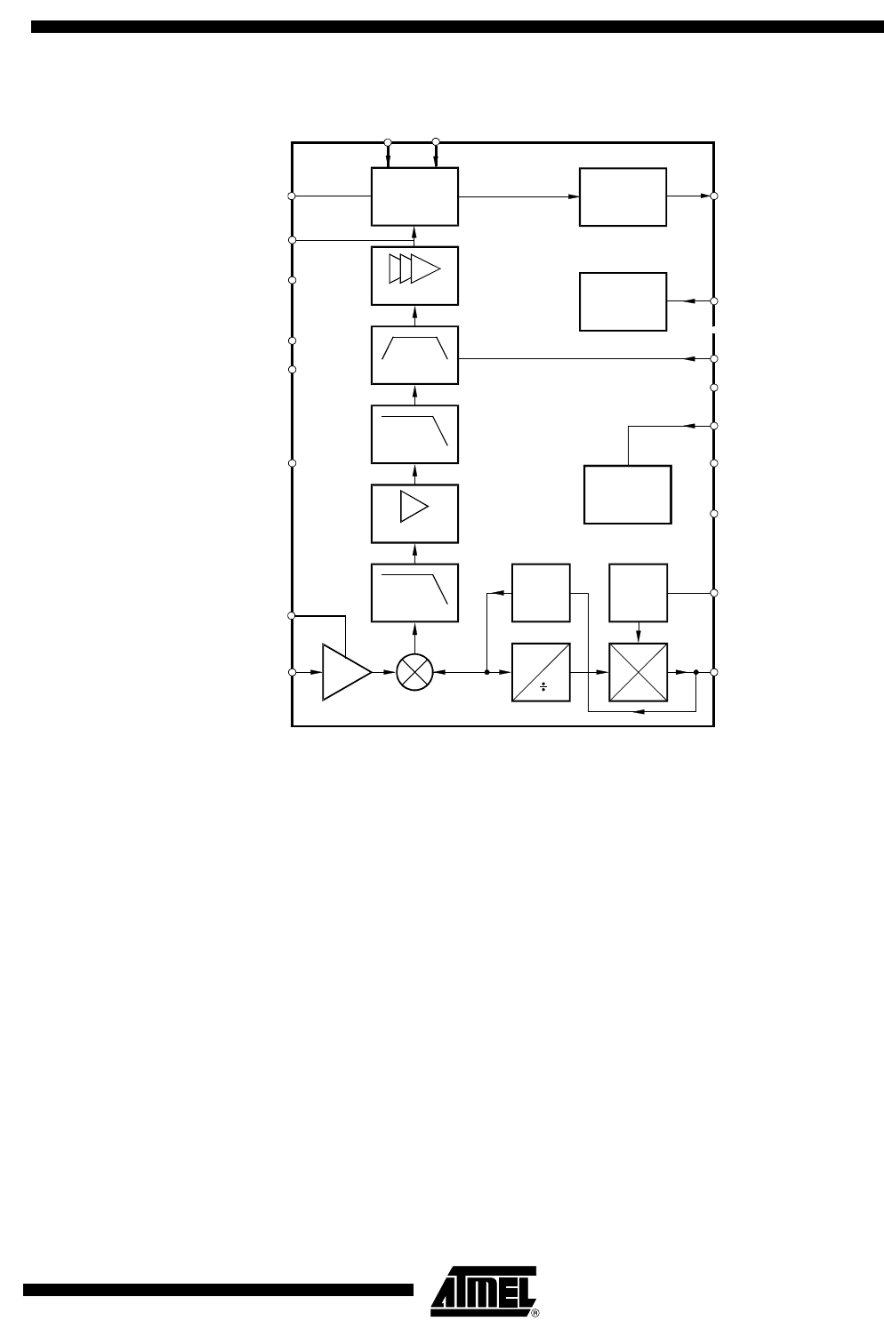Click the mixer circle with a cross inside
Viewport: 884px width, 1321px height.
pos(414,672)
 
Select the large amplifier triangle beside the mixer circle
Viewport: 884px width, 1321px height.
pos(347,672)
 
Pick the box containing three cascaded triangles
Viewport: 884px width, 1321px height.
pos(414,276)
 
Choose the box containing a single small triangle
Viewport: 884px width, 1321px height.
pos(414,514)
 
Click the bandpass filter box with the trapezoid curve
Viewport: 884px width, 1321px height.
pos(414,355)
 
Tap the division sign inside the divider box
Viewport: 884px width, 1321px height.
pos(543,687)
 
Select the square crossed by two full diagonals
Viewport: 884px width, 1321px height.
pos(638,672)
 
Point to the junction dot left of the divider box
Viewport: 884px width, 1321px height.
pos(486,672)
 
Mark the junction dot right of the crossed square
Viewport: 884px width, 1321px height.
pos(695,672)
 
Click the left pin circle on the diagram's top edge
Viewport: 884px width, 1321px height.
pos(388,142)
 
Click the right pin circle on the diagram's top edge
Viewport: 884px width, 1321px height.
pos(436,141)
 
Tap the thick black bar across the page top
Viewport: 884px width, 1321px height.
pos(457,27)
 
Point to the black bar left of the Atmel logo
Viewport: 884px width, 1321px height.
pos(219,1290)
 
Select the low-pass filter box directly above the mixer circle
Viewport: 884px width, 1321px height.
pos(414,593)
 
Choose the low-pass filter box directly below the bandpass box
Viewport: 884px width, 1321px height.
pos(414,434)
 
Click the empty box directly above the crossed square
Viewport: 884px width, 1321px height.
pos(638,593)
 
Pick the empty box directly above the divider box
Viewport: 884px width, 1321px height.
pos(541,593)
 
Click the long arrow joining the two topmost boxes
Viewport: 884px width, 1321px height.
pos(518,196)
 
